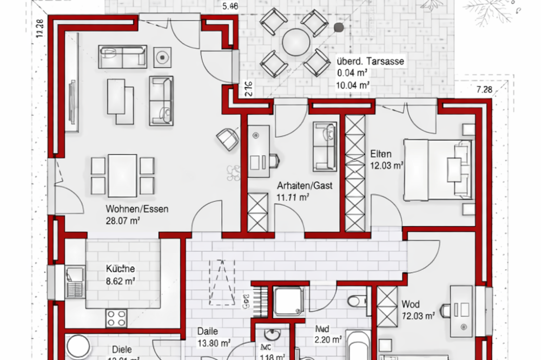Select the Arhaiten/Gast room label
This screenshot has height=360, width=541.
pos(304,186)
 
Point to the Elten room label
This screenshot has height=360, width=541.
pos(380,154)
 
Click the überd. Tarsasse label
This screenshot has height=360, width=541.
pos(370,61)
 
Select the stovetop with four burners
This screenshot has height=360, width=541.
pos(116,316)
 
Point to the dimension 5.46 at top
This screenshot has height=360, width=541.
pos(231,7)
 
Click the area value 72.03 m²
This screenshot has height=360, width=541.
pos(418,315)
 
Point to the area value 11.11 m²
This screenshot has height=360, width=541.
pos(292,197)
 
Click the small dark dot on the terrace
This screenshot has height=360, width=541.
pos(339,27)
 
